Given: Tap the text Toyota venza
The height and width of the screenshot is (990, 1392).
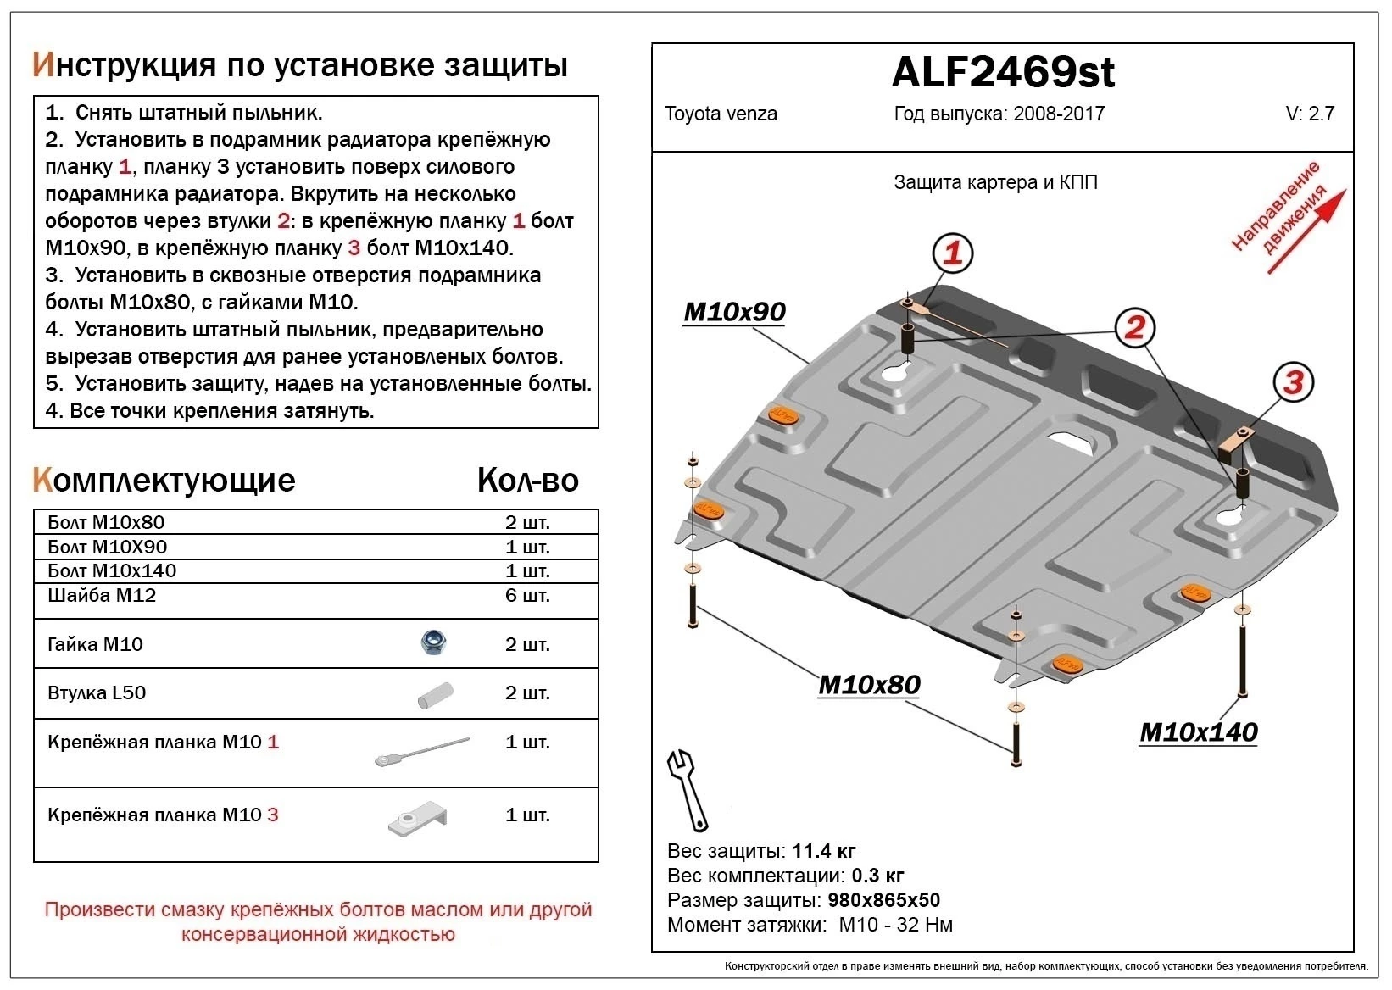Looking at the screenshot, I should [721, 114].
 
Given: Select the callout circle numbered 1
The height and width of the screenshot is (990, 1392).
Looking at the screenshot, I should [952, 253].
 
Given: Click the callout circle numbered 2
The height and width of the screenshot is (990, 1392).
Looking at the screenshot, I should [1134, 327].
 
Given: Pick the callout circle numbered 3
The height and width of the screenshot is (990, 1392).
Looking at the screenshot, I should [1293, 382].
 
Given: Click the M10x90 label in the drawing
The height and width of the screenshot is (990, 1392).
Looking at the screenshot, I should [734, 312].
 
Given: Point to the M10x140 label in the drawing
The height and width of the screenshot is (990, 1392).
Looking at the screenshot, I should [1198, 732].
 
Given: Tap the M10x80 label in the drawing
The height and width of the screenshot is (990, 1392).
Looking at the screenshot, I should [869, 684].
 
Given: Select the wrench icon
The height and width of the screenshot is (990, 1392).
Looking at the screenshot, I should [688, 788].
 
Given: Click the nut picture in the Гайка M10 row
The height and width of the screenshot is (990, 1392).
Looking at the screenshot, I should [434, 643].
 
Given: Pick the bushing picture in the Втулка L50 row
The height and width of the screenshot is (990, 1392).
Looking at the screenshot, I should [435, 695].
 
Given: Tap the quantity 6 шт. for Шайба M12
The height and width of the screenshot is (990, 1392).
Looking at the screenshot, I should [527, 595].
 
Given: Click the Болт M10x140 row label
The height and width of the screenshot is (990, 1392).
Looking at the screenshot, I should [112, 570].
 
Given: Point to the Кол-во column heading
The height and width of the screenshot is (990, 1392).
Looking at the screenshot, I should [527, 480].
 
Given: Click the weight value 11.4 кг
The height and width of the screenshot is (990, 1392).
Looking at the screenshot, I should [824, 851].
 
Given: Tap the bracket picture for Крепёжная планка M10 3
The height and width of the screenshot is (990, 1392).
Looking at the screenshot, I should [417, 819].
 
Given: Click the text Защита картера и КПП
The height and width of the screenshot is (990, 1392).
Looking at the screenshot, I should [995, 182].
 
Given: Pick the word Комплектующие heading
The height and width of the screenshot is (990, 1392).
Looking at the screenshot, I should [164, 480].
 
